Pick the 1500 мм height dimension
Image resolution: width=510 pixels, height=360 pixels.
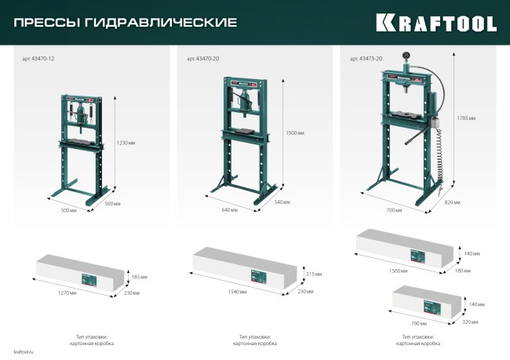click(295, 133)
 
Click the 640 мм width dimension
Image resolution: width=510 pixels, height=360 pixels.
click(229, 210)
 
